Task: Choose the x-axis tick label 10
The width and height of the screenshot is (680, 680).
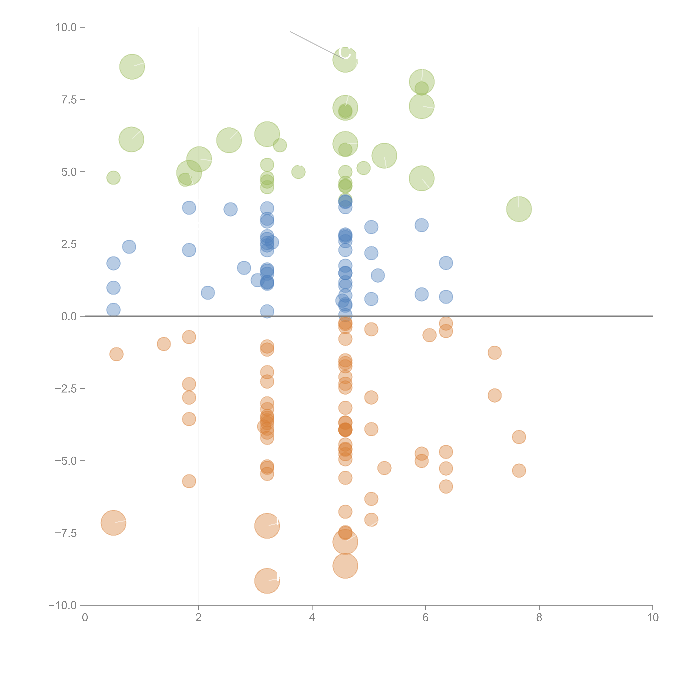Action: (653, 618)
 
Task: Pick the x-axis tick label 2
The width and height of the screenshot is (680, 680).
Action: (199, 618)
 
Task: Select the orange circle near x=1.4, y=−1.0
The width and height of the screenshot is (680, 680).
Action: (164, 344)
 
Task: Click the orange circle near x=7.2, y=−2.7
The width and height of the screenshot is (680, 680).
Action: (494, 395)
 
